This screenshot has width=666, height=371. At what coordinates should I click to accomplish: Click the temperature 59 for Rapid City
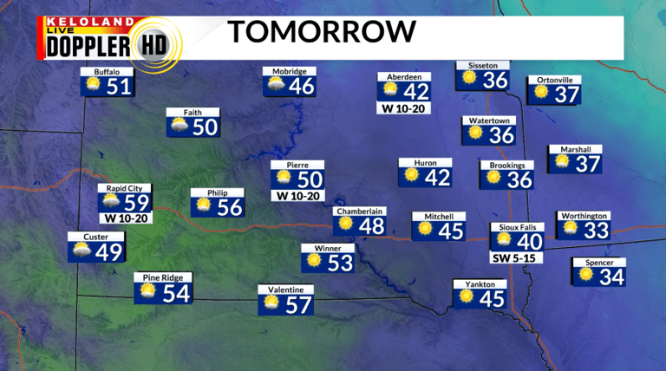tap(138, 202)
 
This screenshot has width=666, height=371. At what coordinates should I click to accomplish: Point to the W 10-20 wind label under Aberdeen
tap(404, 108)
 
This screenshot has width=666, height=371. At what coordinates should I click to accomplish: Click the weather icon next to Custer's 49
tap(83, 252)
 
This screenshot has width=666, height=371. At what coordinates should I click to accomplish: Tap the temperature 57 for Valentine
tap(297, 304)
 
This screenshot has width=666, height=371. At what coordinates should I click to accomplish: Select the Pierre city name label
tap(297, 165)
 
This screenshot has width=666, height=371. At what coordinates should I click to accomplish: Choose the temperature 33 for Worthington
tap(595, 230)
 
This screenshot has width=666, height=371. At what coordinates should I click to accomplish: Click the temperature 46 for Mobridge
tap(301, 87)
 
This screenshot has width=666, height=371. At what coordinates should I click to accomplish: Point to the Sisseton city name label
tap(483, 65)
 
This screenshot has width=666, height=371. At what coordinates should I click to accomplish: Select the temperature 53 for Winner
tap(341, 262)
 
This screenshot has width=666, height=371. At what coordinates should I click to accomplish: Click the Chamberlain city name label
tap(360, 211)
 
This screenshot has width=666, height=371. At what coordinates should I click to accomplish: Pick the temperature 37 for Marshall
tap(587, 163)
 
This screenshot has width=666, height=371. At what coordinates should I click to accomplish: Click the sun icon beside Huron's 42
tap(412, 177)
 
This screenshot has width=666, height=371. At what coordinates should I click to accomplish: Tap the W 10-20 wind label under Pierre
tap(297, 196)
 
